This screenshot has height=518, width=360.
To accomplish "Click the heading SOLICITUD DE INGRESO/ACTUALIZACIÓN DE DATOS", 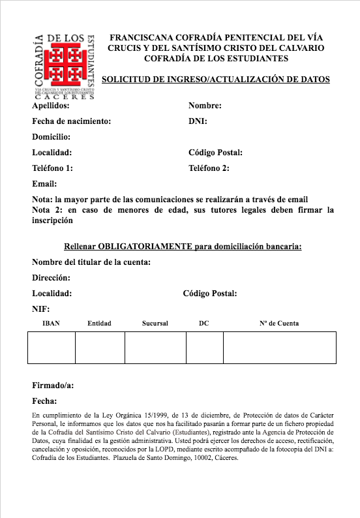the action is [x=216, y=80].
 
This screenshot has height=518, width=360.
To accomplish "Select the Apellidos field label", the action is [x=50, y=105].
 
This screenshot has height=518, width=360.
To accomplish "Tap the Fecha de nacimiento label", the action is [x=71, y=121].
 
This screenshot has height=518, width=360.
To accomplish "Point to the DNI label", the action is [x=198, y=121].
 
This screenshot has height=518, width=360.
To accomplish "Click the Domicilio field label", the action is [x=51, y=137].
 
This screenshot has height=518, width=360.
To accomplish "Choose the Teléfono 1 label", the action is [x=52, y=168].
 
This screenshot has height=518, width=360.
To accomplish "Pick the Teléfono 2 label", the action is [x=209, y=168].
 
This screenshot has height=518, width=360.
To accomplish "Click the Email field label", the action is [x=44, y=184].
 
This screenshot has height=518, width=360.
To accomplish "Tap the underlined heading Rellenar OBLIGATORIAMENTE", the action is [x=183, y=247].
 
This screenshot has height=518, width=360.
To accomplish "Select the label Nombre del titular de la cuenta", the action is [x=91, y=262].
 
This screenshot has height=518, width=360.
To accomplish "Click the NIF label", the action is [x=40, y=309].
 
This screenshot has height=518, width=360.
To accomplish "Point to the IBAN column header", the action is [x=51, y=324].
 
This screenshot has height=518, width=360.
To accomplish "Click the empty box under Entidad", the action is [x=99, y=347].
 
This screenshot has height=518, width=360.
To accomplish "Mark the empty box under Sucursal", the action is [x=155, y=347].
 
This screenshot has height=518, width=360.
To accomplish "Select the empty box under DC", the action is [x=204, y=347].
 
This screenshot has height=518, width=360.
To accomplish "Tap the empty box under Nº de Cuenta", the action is [x=279, y=347].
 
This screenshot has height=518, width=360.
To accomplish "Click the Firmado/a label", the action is [x=53, y=386].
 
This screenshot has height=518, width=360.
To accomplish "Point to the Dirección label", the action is [x=51, y=278].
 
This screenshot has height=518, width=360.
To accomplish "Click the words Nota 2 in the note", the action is [x=46, y=210].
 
